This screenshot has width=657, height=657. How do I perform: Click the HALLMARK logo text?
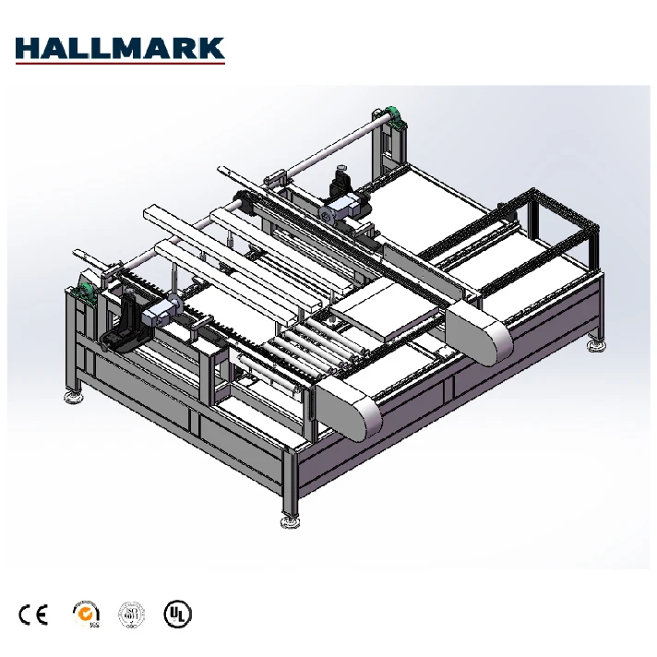click(120, 47)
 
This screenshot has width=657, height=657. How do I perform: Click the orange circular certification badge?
click(85, 614)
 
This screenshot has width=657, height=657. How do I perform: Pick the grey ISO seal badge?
click(130, 614)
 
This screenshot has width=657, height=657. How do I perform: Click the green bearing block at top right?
click(395, 116)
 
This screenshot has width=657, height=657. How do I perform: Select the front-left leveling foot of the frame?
click(71, 397)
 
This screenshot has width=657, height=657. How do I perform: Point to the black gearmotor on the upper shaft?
click(341, 178)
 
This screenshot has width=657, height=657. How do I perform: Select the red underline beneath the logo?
click(120, 64)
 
